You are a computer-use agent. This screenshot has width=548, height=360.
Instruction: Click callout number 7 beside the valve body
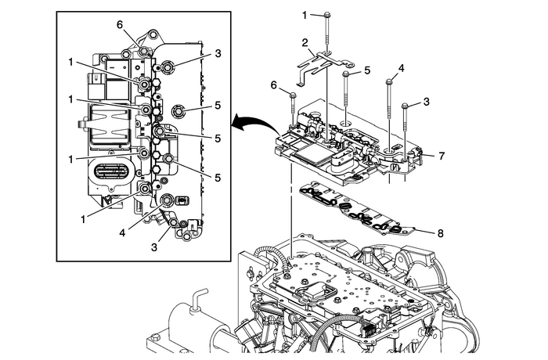point(442,157)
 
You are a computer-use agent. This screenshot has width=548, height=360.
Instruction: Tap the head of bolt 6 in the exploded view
point(292,93)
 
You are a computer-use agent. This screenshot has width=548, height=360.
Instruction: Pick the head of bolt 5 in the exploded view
point(344,73)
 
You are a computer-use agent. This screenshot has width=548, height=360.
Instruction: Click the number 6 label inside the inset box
point(120,25)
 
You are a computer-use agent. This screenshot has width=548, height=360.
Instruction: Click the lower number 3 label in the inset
point(153,247)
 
